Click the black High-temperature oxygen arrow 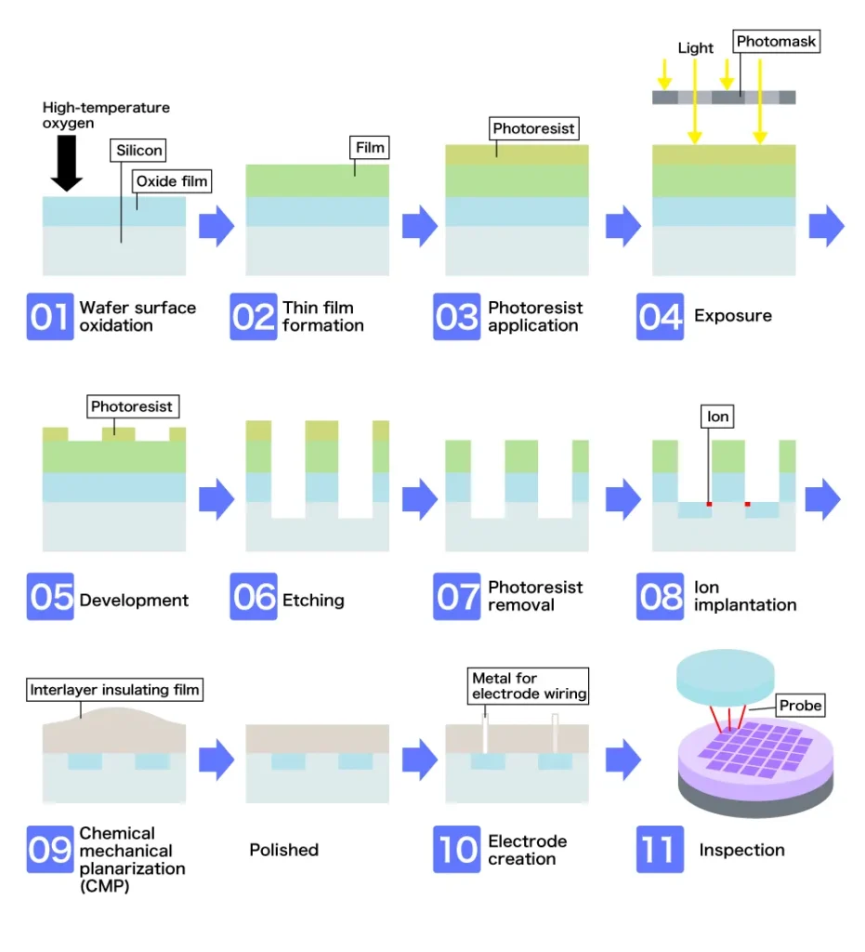pyautogui.click(x=67, y=163)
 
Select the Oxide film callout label pyautogui.click(x=173, y=181)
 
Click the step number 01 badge pyautogui.click(x=50, y=316)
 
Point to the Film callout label pyautogui.click(x=370, y=147)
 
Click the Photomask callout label pyautogui.click(x=776, y=42)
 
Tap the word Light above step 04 pyautogui.click(x=695, y=48)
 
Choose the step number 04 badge pyautogui.click(x=661, y=316)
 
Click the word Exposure pyautogui.click(x=732, y=316)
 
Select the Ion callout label pyautogui.click(x=717, y=417)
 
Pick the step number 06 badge pyautogui.click(x=254, y=596)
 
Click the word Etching pyautogui.click(x=313, y=601)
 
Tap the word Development pyautogui.click(x=134, y=601)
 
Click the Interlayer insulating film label pyautogui.click(x=115, y=690)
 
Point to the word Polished pyautogui.click(x=283, y=850)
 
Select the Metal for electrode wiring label pyautogui.click(x=529, y=686)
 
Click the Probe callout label pyautogui.click(x=801, y=706)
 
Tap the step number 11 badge pyautogui.click(x=661, y=850)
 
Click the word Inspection pyautogui.click(x=741, y=850)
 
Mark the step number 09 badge pyautogui.click(x=50, y=850)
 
